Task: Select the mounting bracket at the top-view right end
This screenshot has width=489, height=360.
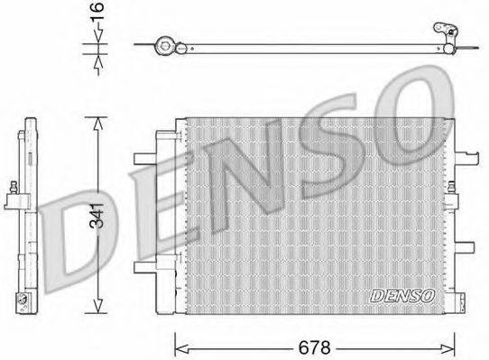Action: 448,34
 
